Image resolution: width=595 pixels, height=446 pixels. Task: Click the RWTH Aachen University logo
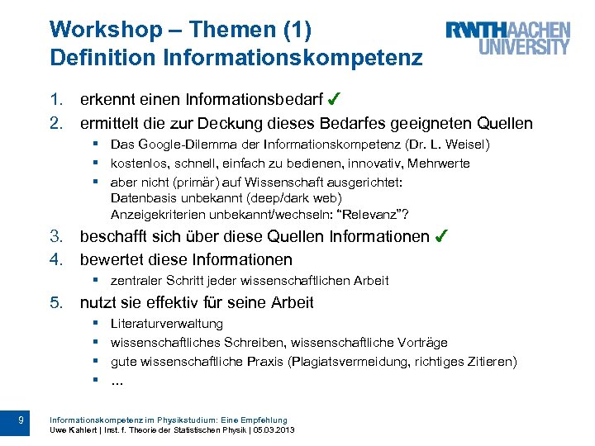point(507,39)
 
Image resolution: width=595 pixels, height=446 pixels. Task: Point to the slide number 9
point(21,422)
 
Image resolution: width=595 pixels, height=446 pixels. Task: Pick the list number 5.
point(56,302)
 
